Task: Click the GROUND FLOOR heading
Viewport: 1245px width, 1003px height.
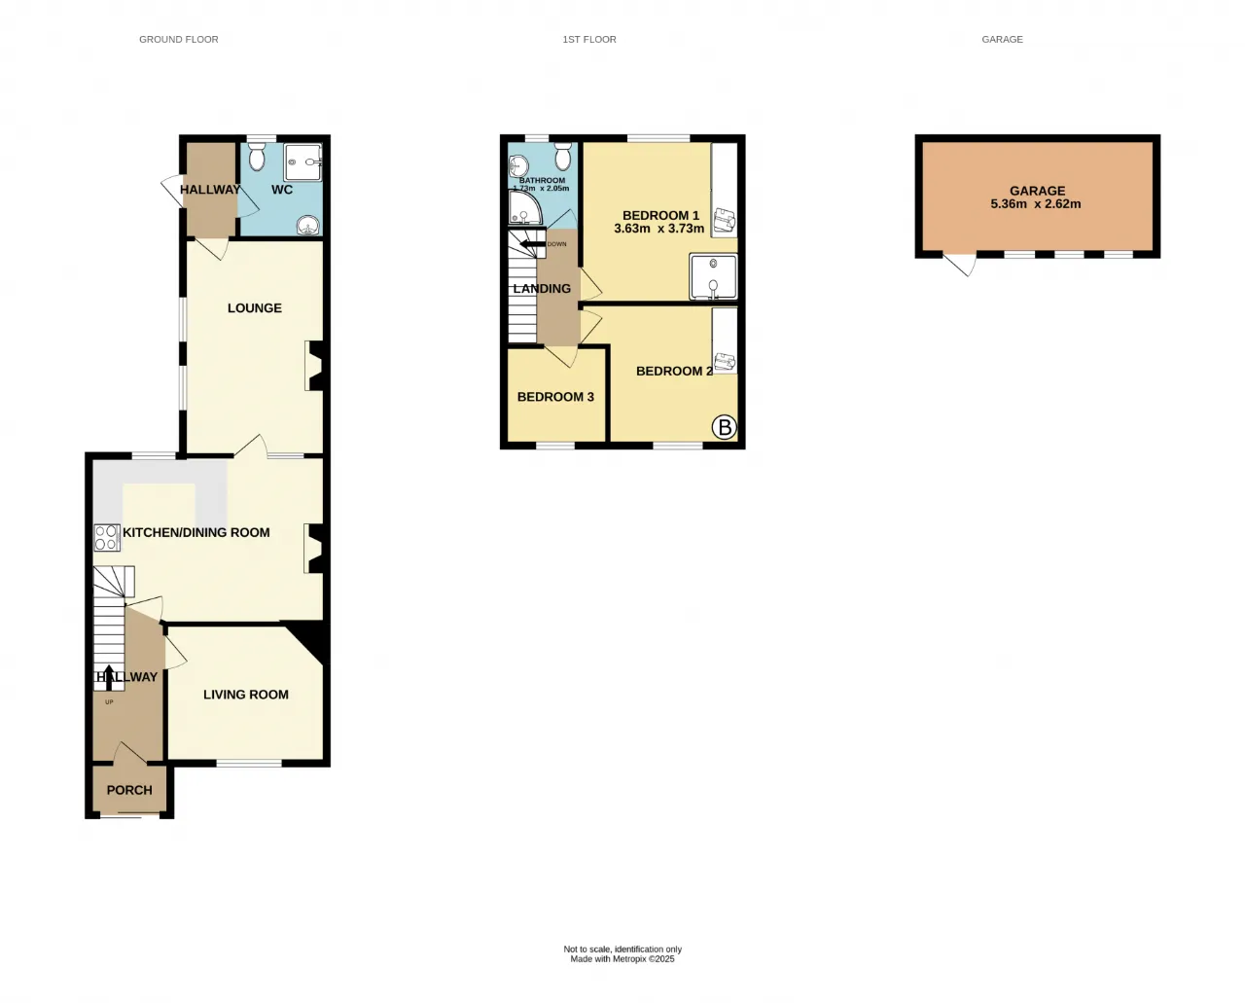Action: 179,39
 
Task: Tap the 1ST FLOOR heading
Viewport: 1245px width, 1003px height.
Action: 589,39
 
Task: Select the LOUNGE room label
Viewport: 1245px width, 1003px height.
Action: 255,307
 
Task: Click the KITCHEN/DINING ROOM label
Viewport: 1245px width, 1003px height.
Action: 196,532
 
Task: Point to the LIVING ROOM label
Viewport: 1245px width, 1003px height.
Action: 246,695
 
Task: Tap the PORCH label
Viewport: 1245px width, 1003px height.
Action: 129,790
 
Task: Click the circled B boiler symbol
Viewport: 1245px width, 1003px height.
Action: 724,428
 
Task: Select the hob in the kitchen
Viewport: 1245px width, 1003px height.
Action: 107,537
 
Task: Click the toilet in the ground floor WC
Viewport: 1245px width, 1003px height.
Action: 256,156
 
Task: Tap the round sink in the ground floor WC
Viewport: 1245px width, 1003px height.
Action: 308,225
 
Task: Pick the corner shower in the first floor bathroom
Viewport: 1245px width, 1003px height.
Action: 524,208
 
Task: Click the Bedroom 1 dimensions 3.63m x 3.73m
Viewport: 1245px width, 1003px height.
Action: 658,229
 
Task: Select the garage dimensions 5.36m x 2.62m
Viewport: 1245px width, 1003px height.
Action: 1036,203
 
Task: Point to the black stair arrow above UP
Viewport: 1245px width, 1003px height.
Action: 109,677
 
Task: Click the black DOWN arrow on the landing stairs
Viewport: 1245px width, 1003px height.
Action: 533,244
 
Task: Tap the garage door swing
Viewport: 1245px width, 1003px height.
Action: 960,264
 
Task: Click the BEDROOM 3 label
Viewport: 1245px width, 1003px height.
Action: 555,397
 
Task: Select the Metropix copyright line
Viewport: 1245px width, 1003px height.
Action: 622,959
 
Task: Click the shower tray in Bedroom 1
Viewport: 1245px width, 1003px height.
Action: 713,276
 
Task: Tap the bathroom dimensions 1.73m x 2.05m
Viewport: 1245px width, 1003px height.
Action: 542,188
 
